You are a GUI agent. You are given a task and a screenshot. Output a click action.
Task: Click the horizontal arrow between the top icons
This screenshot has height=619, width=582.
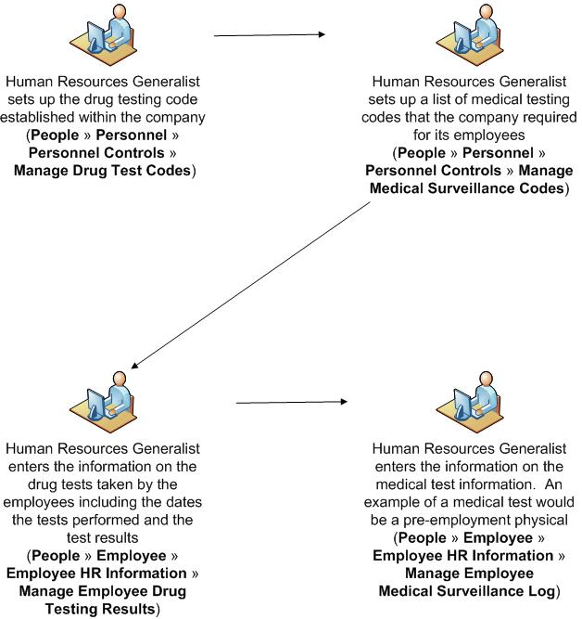point(269,35)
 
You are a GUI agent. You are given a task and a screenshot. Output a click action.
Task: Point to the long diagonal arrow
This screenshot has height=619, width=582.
point(250,284)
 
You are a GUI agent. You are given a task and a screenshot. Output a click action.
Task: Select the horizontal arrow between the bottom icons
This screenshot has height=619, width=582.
point(291,403)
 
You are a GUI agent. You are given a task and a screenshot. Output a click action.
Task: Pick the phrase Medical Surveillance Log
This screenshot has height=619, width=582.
point(469,591)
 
